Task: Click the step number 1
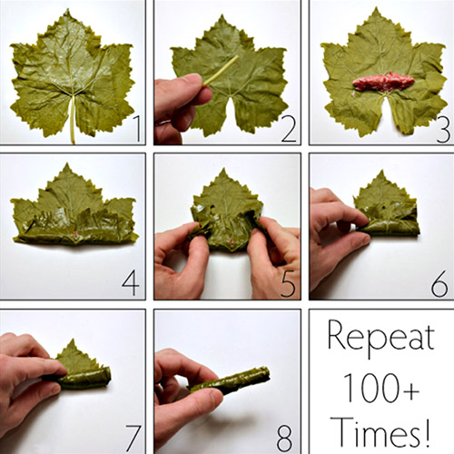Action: click(x=137, y=129)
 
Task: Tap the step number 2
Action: click(x=289, y=129)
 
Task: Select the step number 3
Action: click(x=443, y=130)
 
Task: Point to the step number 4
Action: click(x=131, y=283)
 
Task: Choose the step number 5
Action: click(x=288, y=284)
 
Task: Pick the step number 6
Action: click(x=439, y=283)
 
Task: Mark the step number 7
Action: click(x=133, y=439)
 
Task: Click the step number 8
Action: click(x=284, y=438)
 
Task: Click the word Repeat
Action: click(x=381, y=338)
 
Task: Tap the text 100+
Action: click(x=381, y=388)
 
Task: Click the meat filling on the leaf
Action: click(x=383, y=82)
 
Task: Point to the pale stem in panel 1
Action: click(x=73, y=119)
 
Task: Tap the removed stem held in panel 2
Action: click(x=221, y=70)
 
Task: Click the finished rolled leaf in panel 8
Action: click(x=229, y=380)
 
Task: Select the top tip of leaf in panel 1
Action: click(x=67, y=9)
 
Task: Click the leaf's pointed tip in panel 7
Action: click(x=73, y=340)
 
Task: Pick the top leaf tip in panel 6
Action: click(x=381, y=170)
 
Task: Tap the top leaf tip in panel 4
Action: click(x=67, y=163)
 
